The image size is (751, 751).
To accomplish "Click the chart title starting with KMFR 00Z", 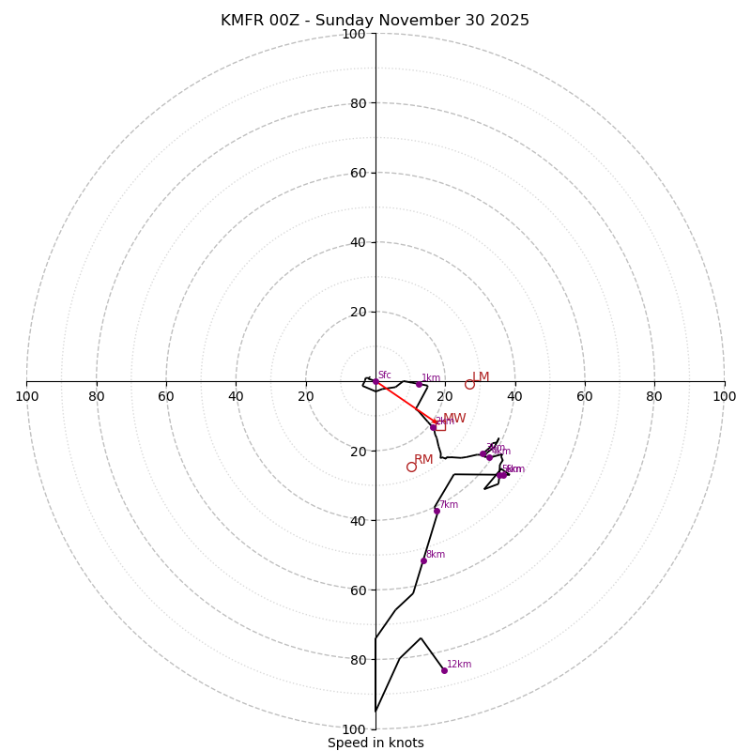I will click(x=375, y=21).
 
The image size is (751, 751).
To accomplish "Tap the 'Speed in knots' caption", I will click(x=375, y=743).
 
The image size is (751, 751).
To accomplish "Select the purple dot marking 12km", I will click(x=444, y=670).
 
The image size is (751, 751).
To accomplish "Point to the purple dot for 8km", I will click(x=423, y=560).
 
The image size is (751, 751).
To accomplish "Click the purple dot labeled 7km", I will click(x=437, y=511).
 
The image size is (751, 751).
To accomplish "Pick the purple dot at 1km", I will click(x=419, y=384).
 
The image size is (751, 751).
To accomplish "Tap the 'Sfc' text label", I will click(x=384, y=375).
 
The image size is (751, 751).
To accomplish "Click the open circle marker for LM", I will click(x=469, y=384).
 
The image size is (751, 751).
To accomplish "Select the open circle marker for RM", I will click(x=411, y=467).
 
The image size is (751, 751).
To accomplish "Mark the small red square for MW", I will click(x=440, y=425).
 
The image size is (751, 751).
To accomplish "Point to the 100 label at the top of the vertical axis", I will click(x=353, y=35).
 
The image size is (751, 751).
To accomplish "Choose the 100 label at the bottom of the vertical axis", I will click(x=353, y=729).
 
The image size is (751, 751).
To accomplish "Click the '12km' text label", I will click(x=459, y=664).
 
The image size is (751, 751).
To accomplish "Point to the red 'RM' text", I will click(x=423, y=460).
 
